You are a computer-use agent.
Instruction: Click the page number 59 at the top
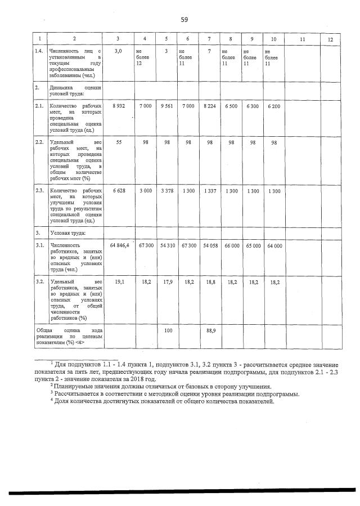click(x=184, y=20)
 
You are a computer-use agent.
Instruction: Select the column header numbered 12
click(x=330, y=39)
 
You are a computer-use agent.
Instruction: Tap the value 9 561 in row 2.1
click(x=166, y=106)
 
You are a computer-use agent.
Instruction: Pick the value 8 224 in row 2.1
click(x=209, y=106)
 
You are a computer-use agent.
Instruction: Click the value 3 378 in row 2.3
click(x=166, y=191)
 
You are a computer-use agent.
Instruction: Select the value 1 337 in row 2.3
click(x=209, y=191)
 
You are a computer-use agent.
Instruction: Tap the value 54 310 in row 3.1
click(x=166, y=246)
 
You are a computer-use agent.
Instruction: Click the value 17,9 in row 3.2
click(x=167, y=282)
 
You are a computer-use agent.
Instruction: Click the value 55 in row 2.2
click(x=119, y=142)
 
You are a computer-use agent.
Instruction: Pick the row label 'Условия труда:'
click(x=67, y=232)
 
